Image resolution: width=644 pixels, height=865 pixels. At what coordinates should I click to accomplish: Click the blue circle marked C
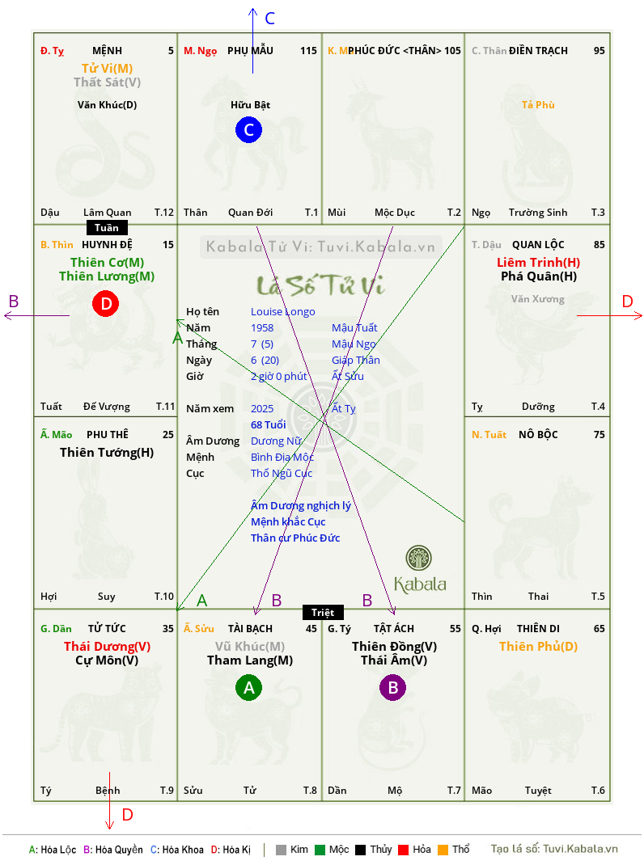248,129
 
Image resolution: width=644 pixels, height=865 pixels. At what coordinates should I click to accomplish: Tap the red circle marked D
105,303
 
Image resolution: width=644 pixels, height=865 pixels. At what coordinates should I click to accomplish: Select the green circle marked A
248,687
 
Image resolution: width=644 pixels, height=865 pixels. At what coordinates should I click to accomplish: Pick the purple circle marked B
392,687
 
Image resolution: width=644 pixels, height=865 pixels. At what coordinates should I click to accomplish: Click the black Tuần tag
107,228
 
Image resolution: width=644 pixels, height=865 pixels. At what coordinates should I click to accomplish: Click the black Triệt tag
323,612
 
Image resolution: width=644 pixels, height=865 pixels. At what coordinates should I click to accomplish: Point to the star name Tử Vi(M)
107,69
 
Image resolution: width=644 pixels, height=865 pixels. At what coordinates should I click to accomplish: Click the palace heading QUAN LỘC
538,244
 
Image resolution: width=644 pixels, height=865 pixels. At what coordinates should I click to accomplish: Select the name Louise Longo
283,312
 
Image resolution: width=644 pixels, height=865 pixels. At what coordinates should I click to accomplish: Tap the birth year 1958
262,327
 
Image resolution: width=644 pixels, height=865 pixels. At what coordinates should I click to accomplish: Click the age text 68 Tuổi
269,424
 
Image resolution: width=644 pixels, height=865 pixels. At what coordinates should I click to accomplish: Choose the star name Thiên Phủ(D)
539,647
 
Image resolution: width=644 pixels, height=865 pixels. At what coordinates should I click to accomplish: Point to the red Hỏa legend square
403,850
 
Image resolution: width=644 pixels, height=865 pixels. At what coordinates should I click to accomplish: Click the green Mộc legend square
320,850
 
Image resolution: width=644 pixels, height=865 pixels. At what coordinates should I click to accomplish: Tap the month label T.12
164,213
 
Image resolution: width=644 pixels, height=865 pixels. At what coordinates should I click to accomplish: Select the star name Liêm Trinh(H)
539,263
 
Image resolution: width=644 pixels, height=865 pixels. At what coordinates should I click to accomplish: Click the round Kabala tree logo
418,558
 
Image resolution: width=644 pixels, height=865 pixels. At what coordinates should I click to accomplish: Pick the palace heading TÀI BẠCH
250,629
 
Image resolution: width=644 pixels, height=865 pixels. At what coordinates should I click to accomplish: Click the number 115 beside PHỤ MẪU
309,51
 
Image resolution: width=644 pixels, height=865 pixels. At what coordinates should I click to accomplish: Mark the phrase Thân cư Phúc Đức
295,538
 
